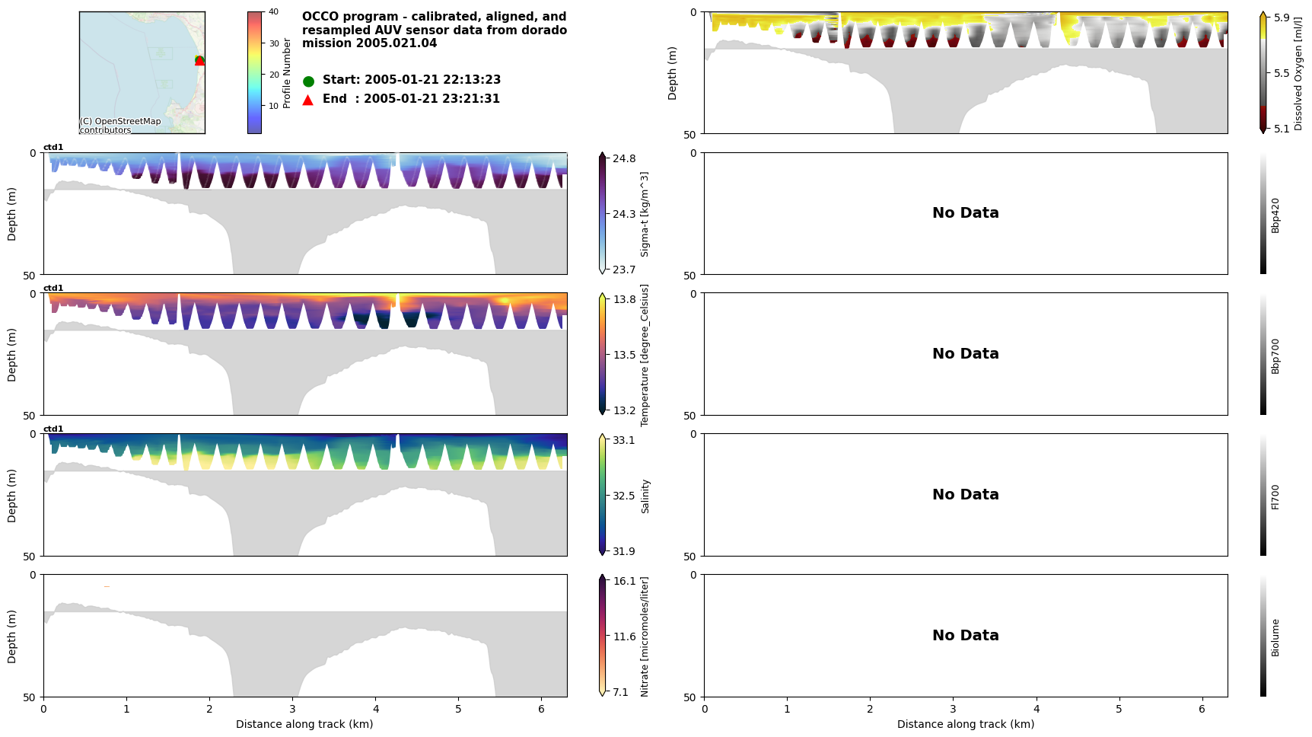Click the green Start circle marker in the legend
tap(308, 81)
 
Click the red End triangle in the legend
tap(308, 100)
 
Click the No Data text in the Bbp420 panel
tap(965, 213)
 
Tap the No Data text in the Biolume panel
tap(965, 635)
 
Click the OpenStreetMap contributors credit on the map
tap(120, 126)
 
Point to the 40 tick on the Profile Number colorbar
tap(273, 12)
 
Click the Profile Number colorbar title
tap(287, 73)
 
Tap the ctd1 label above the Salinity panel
tap(53, 429)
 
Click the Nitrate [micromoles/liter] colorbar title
tap(645, 636)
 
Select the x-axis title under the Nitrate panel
tap(304, 724)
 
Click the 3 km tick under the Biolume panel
tap(953, 710)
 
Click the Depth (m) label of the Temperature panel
tap(12, 354)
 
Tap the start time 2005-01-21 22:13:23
tap(432, 80)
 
